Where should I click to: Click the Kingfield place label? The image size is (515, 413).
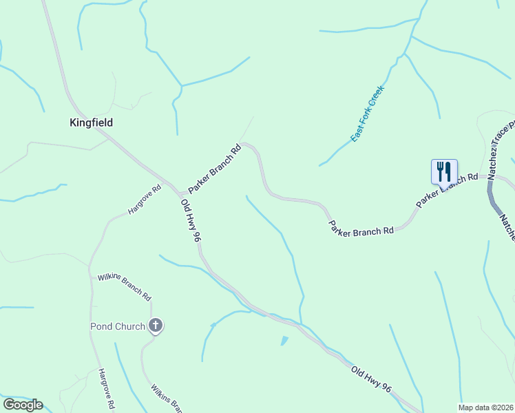click(x=91, y=123)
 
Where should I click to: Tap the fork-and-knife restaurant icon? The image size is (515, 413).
click(x=444, y=171)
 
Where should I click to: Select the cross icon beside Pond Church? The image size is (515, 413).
click(x=156, y=326)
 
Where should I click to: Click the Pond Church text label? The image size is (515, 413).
click(x=118, y=326)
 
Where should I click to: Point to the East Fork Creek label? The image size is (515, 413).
click(x=367, y=114)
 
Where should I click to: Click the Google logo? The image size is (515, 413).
click(x=23, y=405)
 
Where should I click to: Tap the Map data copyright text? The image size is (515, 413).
click(x=486, y=407)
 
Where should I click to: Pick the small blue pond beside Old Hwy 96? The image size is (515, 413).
click(x=284, y=341)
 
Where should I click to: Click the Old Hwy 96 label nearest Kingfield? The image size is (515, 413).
click(x=190, y=221)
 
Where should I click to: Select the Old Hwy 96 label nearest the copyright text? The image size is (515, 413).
click(x=372, y=380)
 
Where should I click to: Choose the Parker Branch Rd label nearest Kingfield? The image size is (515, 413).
click(x=215, y=168)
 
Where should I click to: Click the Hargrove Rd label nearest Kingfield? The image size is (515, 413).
click(x=144, y=200)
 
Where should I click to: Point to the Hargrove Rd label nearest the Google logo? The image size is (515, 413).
click(x=105, y=390)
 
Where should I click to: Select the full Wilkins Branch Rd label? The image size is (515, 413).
click(x=124, y=286)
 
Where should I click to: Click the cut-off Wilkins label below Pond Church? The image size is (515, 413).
click(x=166, y=397)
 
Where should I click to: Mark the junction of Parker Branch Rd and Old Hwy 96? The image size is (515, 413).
click(x=181, y=193)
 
